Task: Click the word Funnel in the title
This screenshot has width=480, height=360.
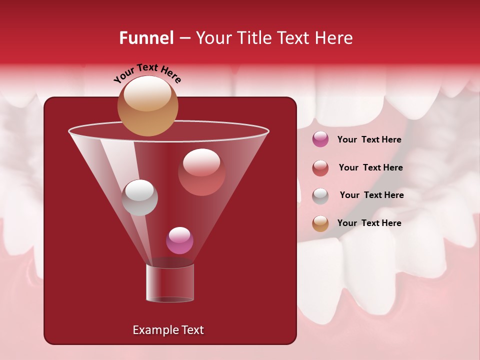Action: [146, 38]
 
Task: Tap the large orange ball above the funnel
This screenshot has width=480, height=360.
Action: [147, 106]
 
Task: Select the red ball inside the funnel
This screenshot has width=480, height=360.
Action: [201, 172]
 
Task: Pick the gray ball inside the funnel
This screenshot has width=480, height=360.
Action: [139, 197]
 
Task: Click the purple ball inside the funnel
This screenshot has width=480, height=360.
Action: [179, 240]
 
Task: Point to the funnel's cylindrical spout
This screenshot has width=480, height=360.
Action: [169, 283]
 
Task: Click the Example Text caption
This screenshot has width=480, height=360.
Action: [168, 330]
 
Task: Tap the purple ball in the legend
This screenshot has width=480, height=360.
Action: [320, 139]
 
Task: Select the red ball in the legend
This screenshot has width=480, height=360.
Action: [320, 168]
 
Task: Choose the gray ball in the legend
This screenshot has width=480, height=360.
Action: [320, 196]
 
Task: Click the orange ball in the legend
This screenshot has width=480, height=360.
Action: [320, 223]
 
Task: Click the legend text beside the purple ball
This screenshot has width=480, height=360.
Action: [369, 140]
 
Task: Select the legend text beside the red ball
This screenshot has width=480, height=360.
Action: [370, 168]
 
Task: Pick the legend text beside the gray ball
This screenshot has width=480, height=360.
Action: [371, 195]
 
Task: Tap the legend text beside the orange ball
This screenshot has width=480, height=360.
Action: [369, 223]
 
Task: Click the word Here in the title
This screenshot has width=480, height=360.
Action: [334, 38]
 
